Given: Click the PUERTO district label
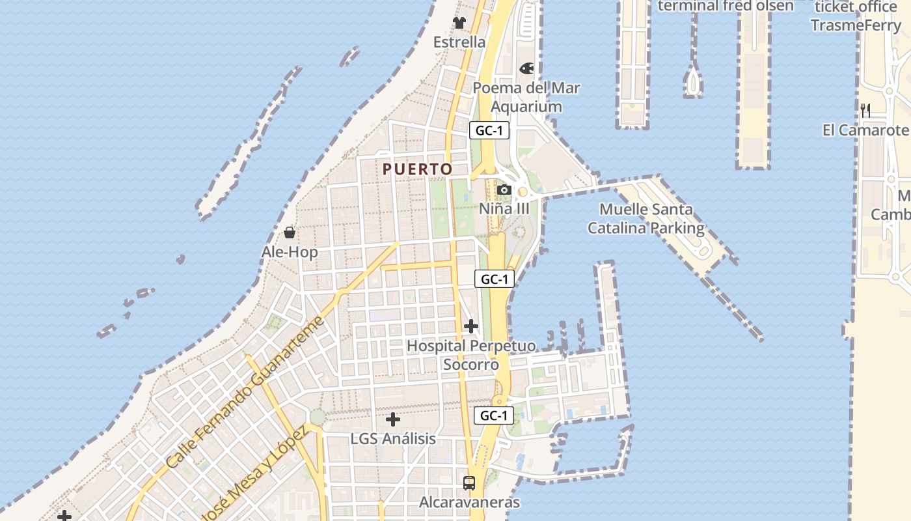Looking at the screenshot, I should pos(417,169).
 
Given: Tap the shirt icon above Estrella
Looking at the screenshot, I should pos(459,23).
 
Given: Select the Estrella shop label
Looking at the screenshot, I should pos(459,42).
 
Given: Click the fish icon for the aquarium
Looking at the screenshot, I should pos(526,68).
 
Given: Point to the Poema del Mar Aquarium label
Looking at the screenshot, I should pos(526,97).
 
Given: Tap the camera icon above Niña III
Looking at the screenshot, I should pos(504,190).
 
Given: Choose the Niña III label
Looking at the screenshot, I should pos(504,209).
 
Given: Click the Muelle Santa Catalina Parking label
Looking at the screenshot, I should pos(646,219).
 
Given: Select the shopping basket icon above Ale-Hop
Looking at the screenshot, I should pos(290,232).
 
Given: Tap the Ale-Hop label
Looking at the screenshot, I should pos(290,252).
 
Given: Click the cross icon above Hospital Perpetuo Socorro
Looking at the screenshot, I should pos(471,326).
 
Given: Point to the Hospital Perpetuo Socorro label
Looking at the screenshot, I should pos(471,355).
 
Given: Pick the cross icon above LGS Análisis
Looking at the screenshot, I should pos(393,419).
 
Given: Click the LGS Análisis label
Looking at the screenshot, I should pos(393,438).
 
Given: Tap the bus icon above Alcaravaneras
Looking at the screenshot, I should pos(469,483).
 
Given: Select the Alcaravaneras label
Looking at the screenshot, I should pos(469,502).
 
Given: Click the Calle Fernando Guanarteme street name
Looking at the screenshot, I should pos(244,393).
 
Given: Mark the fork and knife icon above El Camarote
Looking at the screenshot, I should pos(865,110).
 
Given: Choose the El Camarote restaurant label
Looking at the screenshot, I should pos(865,130).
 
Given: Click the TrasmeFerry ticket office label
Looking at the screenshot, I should pos(856,16).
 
